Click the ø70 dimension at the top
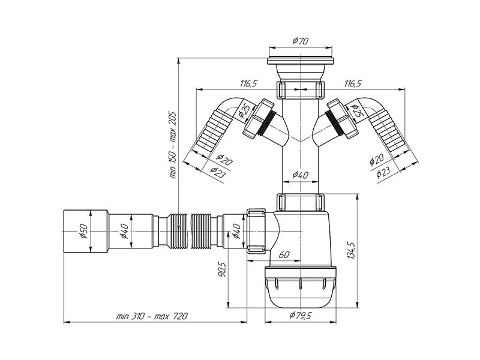[300, 41]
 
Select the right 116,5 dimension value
[353, 84]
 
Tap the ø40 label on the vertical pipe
[300, 175]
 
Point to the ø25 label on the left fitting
[244, 110]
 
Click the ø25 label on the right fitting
[356, 110]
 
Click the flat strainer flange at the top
[300, 61]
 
